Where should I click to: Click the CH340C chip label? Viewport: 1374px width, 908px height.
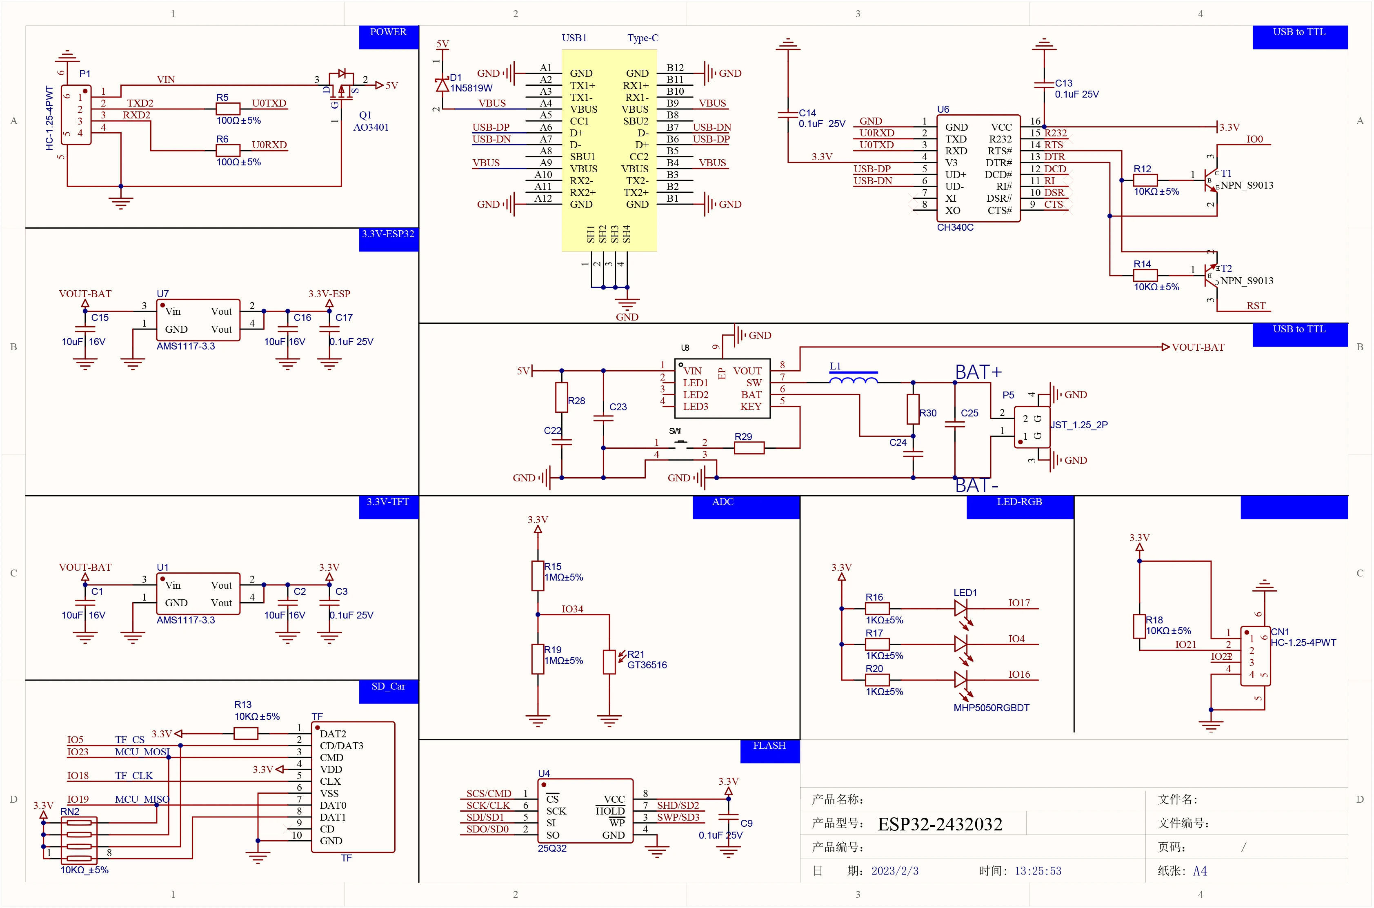click(955, 227)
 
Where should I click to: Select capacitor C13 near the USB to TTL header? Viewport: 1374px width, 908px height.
click(1043, 85)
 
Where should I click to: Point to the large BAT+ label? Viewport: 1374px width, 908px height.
click(978, 372)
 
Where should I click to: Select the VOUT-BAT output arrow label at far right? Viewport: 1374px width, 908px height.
click(1197, 347)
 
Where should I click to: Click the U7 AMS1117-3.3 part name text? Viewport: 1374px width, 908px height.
click(185, 346)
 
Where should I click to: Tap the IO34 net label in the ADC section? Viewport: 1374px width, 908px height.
click(572, 609)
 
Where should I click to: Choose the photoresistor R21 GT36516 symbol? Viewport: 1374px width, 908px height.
click(609, 662)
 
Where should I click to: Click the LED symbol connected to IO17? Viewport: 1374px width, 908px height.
click(960, 608)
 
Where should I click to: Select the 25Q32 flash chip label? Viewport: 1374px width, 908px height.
click(552, 848)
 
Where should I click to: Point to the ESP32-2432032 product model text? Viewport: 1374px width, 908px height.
click(939, 824)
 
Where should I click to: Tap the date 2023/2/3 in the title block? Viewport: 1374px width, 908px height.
click(895, 871)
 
